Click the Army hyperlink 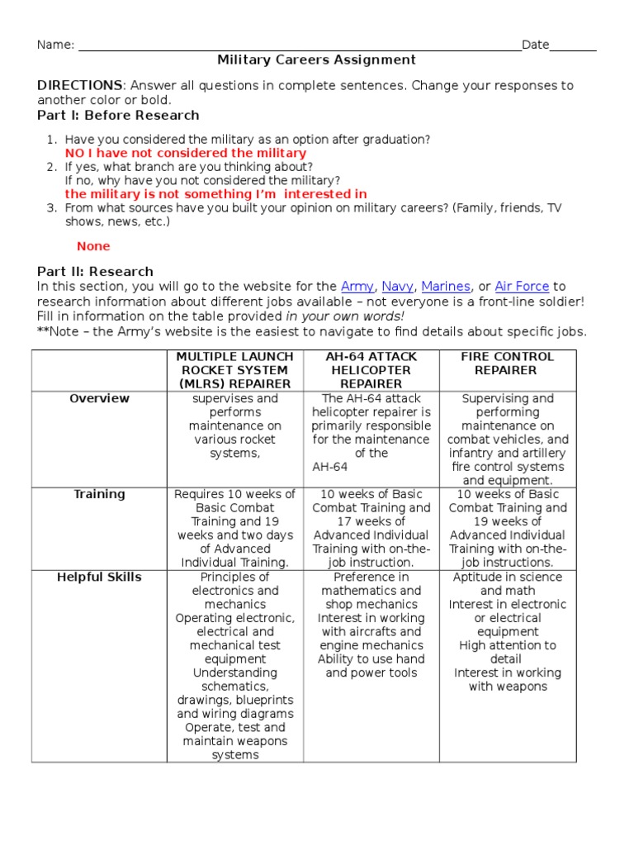[357, 287]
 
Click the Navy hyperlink [397, 287]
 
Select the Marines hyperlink [445, 287]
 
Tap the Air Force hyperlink [522, 287]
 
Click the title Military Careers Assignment [316, 60]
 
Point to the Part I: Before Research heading [118, 116]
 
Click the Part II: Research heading [95, 271]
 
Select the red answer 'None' [93, 246]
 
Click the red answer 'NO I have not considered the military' [185, 154]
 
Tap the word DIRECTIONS [79, 86]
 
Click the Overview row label [99, 399]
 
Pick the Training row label [99, 495]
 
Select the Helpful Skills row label [99, 577]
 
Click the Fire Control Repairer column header [507, 364]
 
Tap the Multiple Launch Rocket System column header [234, 370]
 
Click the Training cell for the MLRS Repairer [234, 528]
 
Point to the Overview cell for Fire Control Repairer [507, 440]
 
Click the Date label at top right [535, 45]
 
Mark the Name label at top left [55, 45]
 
